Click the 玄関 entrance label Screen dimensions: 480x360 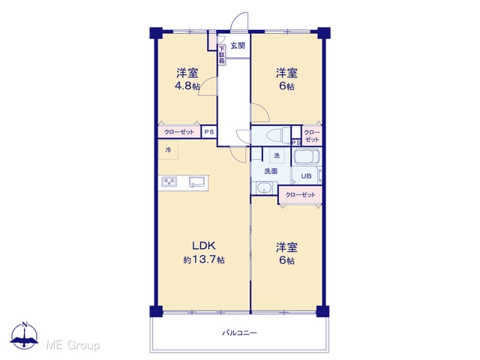[238, 46]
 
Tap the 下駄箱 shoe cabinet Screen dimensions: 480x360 [222, 55]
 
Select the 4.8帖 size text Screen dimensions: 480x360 [187, 86]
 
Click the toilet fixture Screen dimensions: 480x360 [277, 135]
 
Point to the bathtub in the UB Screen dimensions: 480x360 [307, 157]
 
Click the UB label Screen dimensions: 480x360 [306, 176]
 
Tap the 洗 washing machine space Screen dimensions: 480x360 [277, 156]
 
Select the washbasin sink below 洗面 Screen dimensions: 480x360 [264, 187]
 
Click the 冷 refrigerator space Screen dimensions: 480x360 [168, 150]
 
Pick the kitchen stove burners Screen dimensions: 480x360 [169, 181]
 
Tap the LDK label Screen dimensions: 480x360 [204, 245]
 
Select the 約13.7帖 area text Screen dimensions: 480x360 [204, 260]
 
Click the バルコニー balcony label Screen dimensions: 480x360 [239, 333]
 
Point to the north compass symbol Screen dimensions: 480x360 [25, 335]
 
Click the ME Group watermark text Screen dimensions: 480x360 [73, 345]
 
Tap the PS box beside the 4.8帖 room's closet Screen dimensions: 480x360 [209, 132]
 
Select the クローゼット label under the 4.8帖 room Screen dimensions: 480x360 [179, 132]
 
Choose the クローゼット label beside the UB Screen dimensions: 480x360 [300, 195]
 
